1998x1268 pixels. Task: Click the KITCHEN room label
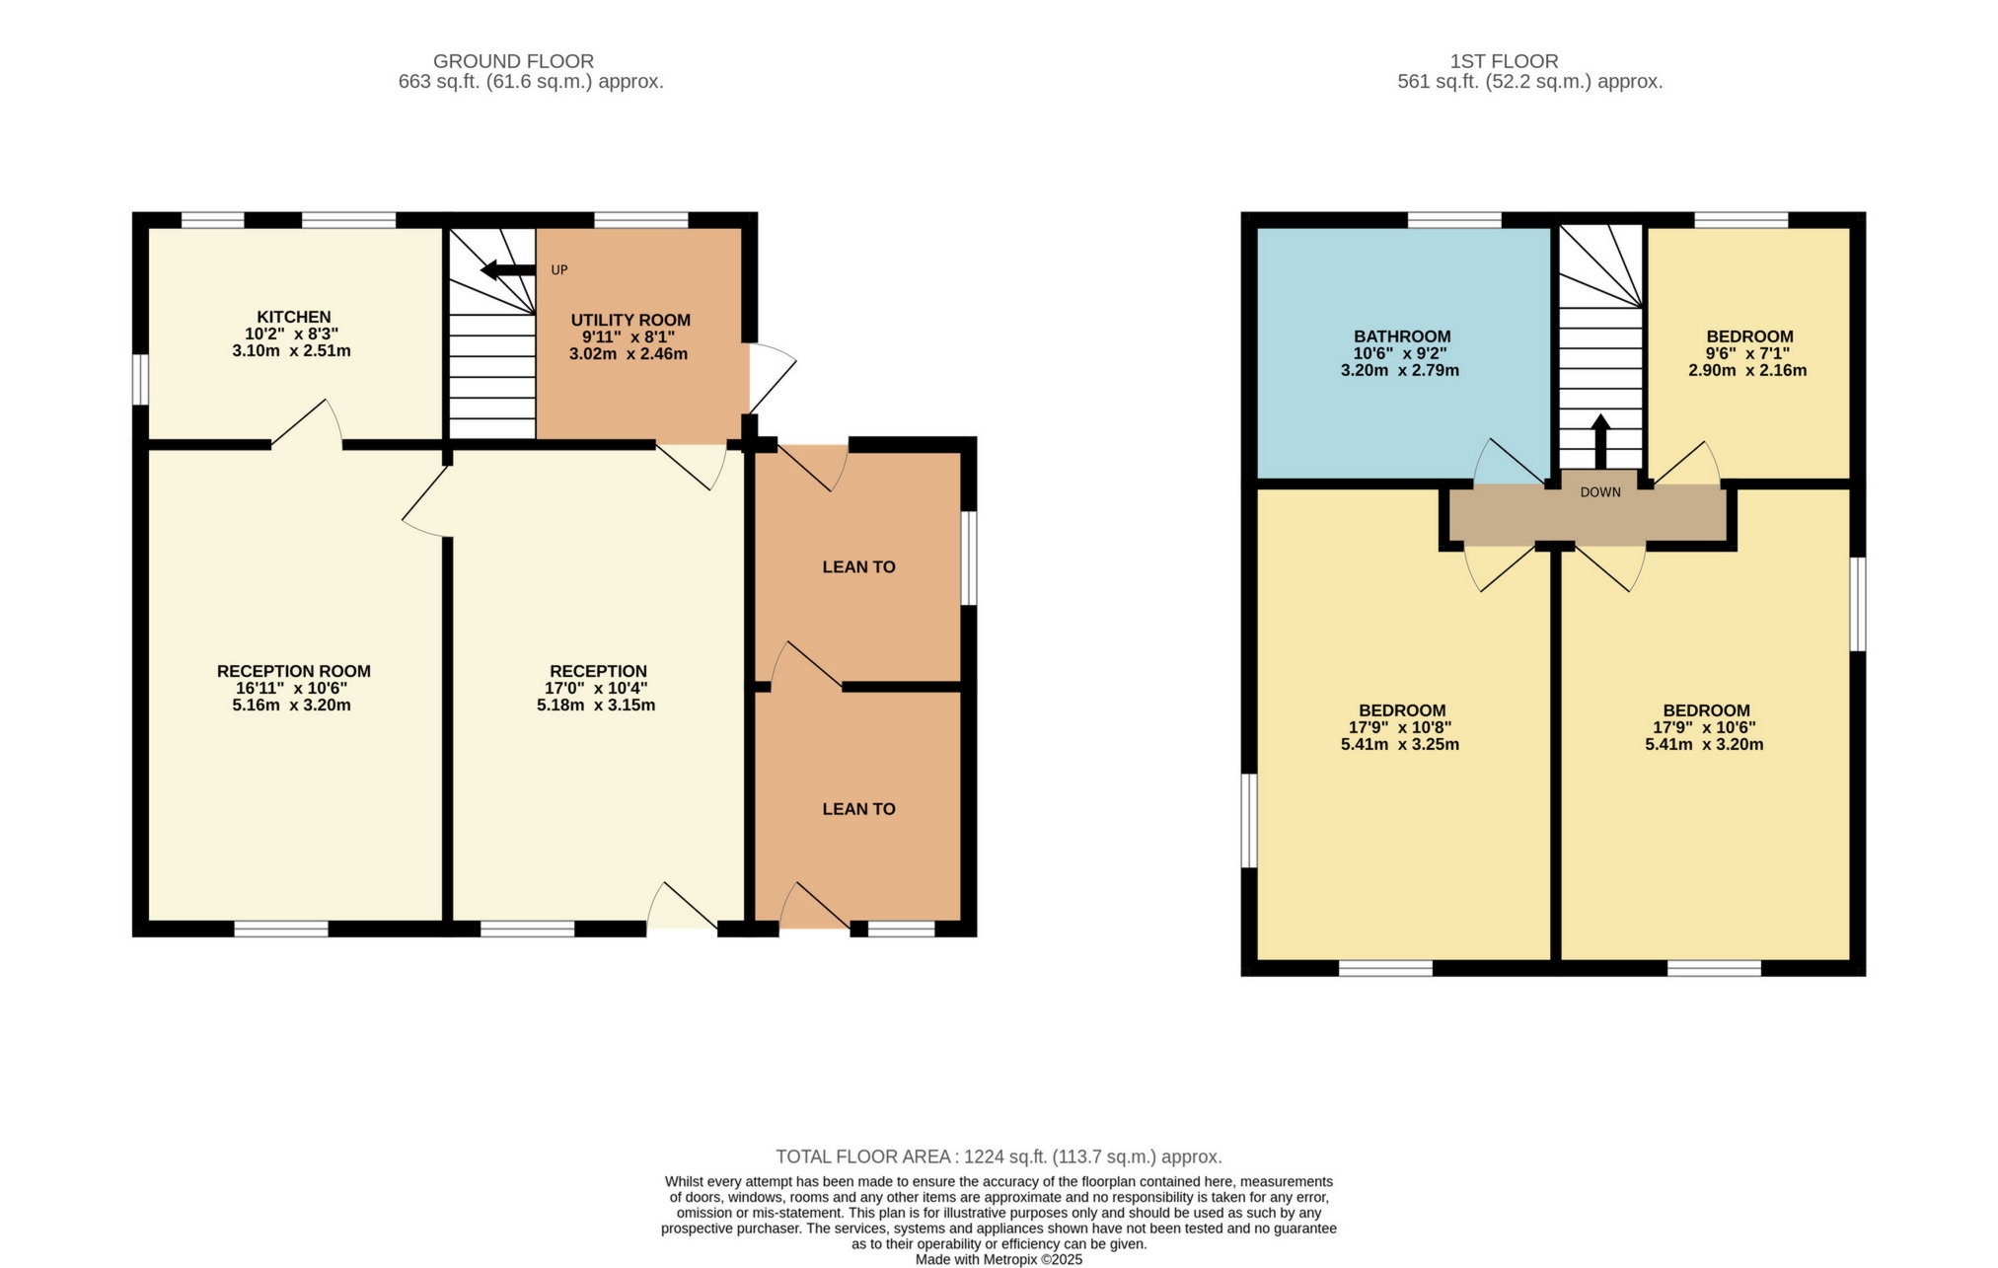(x=293, y=317)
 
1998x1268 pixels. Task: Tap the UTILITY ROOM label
(x=630, y=320)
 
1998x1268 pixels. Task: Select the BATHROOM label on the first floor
(x=1401, y=336)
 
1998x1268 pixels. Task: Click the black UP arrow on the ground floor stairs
(x=507, y=269)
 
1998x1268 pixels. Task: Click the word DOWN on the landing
(x=1599, y=492)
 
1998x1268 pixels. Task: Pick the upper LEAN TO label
(x=858, y=566)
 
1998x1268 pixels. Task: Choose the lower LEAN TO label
(x=858, y=809)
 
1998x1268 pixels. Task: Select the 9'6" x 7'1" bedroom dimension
(x=1748, y=353)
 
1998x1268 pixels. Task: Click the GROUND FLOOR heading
(x=513, y=61)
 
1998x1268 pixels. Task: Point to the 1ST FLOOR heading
(x=1504, y=61)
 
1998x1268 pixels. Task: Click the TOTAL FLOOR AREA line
(x=999, y=1156)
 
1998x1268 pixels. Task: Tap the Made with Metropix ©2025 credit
(x=999, y=1260)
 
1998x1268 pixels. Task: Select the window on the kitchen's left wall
(x=140, y=380)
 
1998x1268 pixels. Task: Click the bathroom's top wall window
(x=1453, y=219)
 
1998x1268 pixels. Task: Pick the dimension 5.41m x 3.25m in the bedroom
(x=1399, y=745)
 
